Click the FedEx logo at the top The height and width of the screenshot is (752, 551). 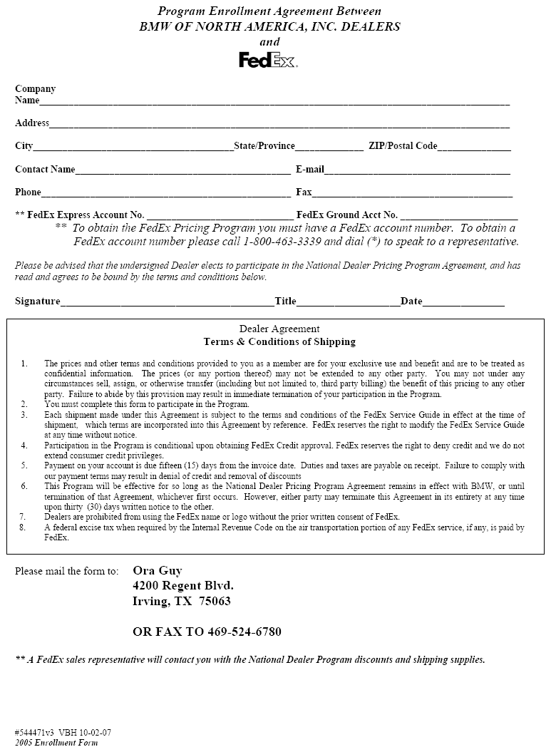268,61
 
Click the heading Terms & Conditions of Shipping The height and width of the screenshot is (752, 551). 279,342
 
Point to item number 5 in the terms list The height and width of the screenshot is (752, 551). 24,466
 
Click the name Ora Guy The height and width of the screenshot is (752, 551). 158,570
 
